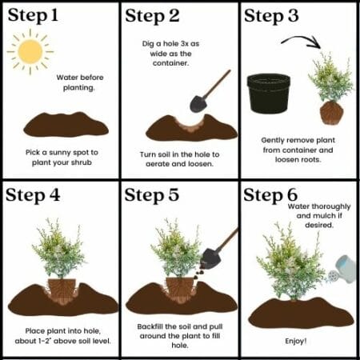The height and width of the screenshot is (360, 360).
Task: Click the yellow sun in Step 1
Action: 30,51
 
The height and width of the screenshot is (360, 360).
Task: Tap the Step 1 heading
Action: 33,15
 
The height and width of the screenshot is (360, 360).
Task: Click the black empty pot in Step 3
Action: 269,94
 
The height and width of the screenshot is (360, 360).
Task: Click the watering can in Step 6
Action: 342,270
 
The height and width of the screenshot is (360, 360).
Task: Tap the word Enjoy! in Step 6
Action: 296,341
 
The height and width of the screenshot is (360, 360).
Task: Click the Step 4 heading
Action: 33,195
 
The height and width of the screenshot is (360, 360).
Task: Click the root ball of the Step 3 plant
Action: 331,113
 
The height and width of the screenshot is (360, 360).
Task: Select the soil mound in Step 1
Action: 66,125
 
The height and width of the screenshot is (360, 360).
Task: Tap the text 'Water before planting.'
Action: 79,82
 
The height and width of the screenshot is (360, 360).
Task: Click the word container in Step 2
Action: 170,63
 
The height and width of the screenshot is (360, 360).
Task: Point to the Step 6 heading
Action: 270,195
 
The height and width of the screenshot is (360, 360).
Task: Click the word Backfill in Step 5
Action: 150,326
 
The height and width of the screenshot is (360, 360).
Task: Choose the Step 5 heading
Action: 152,195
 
